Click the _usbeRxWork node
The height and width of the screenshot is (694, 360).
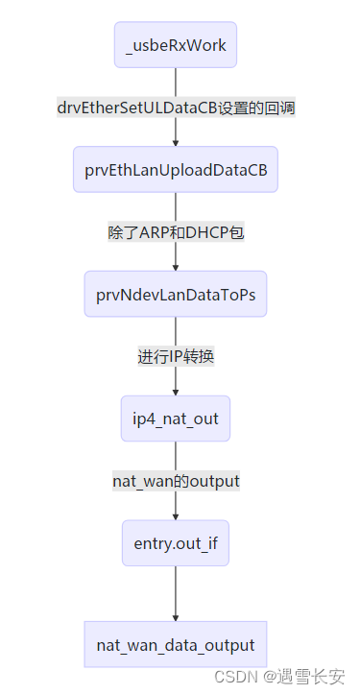pos(176,45)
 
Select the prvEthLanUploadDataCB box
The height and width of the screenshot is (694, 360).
pos(176,170)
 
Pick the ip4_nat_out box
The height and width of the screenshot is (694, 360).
pos(176,419)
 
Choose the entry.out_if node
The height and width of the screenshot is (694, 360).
pos(176,543)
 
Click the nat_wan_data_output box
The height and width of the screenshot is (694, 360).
pos(176,644)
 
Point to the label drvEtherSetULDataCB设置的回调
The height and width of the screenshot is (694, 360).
pos(176,108)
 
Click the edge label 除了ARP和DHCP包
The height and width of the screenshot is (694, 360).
pos(176,232)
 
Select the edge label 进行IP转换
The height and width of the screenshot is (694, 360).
pos(176,357)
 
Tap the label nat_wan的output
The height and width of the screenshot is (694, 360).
pos(176,481)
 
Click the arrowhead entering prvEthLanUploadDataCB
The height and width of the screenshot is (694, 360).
pos(176,142)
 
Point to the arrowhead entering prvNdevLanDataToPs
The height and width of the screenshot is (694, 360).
pos(176,267)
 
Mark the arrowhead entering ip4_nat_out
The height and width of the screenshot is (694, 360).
pos(176,391)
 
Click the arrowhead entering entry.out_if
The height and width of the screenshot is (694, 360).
pos(176,515)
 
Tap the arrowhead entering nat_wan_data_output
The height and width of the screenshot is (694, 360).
pos(176,616)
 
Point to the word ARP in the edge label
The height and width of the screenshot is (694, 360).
pos(156,232)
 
